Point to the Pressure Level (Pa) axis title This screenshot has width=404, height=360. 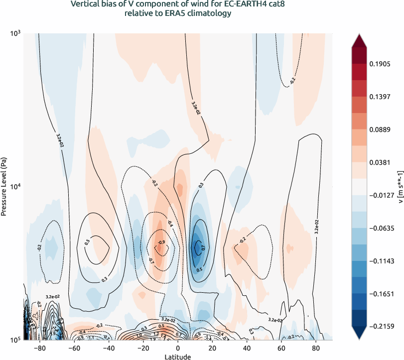point(4,186)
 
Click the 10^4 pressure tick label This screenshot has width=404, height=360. point(15,187)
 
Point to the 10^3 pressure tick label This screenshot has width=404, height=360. point(15,33)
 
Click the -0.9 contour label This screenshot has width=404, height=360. point(161,242)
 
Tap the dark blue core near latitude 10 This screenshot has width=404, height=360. point(198,247)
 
